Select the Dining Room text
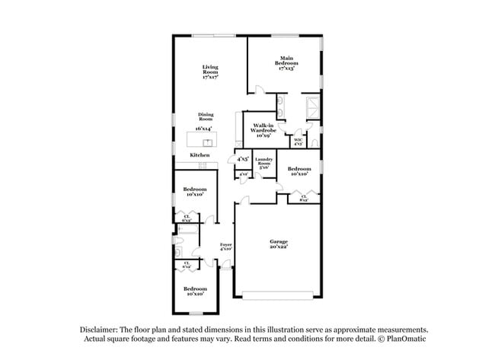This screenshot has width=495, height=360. [x=205, y=116]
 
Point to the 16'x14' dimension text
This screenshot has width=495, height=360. [x=204, y=129]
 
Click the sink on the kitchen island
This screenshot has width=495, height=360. [x=206, y=141]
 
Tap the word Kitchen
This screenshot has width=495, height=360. [x=200, y=155]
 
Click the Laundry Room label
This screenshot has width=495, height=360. [x=263, y=162]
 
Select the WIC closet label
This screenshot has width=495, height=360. [x=299, y=141]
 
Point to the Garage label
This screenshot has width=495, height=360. [x=277, y=244]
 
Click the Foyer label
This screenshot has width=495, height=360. [x=226, y=246]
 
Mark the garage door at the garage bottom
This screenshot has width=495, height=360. [x=277, y=295]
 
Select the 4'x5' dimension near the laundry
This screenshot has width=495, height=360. [x=242, y=159]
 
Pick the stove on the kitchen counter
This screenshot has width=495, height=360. [x=212, y=165]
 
